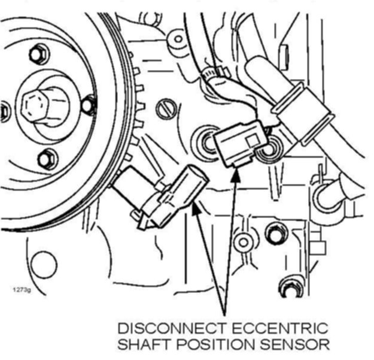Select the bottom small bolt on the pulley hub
pyautogui.click(x=47, y=159)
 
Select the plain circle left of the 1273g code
pyautogui.click(x=43, y=264)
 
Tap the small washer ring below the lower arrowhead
pyautogui.click(x=243, y=241)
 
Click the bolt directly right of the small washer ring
pyautogui.click(x=275, y=233)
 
